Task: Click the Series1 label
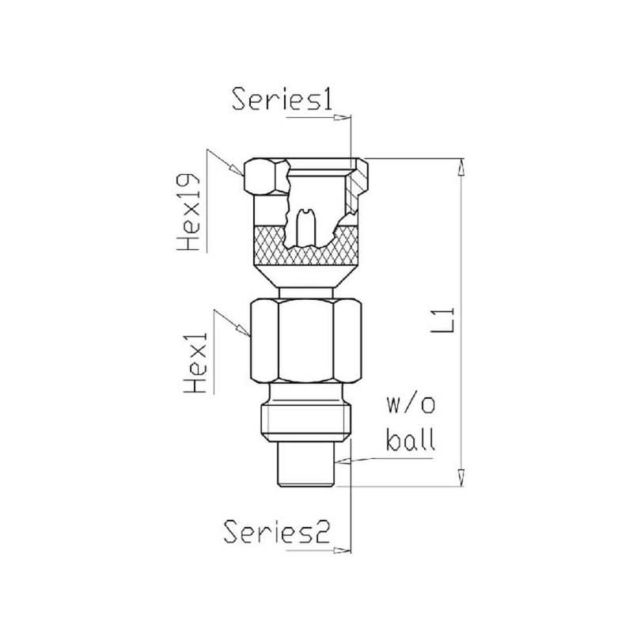click(282, 98)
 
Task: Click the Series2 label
click(278, 531)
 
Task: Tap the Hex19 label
click(189, 212)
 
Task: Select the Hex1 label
click(195, 362)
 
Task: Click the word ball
click(411, 439)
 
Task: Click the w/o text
click(411, 405)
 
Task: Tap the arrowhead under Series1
click(342, 117)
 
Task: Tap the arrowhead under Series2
click(342, 550)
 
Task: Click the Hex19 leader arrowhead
click(237, 169)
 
